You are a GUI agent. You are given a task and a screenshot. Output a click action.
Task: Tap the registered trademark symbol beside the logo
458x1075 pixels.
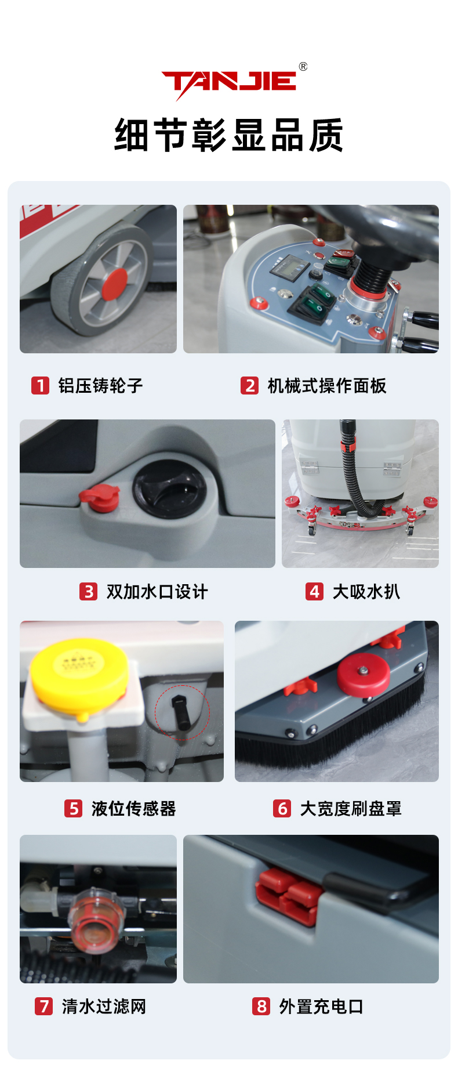(x=303, y=67)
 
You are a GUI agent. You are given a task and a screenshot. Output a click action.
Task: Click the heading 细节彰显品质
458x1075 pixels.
(x=228, y=135)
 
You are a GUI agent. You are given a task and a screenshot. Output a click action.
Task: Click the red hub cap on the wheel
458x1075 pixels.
(x=115, y=283)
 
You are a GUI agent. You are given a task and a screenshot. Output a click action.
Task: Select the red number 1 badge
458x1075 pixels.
(x=40, y=385)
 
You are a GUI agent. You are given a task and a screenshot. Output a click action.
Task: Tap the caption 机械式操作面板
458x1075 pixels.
(x=327, y=385)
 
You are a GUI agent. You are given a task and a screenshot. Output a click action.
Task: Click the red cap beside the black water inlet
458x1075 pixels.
(x=100, y=498)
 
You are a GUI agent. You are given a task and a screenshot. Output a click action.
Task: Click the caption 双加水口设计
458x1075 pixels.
(x=157, y=592)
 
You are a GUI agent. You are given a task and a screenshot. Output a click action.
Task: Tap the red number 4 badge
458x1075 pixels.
(x=314, y=591)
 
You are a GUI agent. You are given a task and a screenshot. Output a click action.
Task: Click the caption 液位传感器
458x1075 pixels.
(x=133, y=808)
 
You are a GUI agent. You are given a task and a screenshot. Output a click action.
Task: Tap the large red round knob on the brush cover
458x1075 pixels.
(x=364, y=675)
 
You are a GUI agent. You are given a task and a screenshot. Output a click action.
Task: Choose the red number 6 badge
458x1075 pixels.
(x=282, y=808)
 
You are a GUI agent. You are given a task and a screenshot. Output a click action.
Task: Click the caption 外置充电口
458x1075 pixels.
(x=321, y=1006)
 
